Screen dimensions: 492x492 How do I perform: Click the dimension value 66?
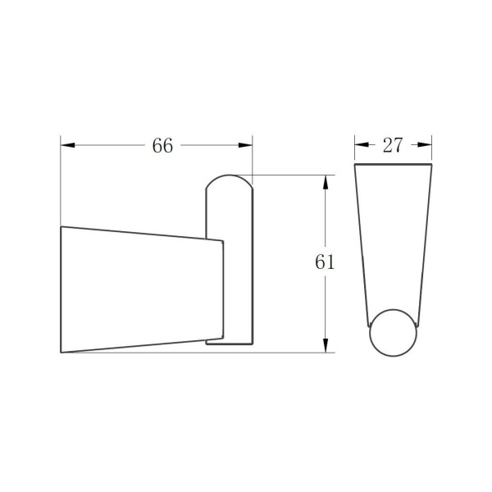tap(162, 146)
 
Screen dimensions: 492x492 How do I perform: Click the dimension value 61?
tap(325, 262)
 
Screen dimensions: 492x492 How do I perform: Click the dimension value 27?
tap(393, 145)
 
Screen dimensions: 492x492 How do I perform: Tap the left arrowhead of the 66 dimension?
tap(68, 145)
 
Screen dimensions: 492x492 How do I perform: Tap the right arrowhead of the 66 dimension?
tap(245, 145)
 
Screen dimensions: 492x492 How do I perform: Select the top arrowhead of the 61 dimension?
tap(326, 182)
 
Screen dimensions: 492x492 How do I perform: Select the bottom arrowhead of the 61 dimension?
tap(326, 345)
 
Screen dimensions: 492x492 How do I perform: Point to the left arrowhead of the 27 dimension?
tap(362, 144)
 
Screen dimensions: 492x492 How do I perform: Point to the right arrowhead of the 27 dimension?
tap(425, 144)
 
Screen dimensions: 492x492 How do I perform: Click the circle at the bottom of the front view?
tap(393, 310)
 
